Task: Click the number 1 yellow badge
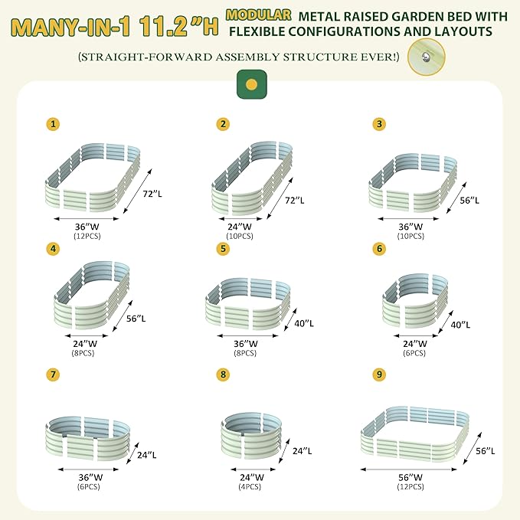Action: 53,123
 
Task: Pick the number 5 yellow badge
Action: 224,248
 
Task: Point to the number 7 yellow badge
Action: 53,374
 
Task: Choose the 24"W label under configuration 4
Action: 76,344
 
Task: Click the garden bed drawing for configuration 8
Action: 251,436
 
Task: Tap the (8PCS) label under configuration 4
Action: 76,354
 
